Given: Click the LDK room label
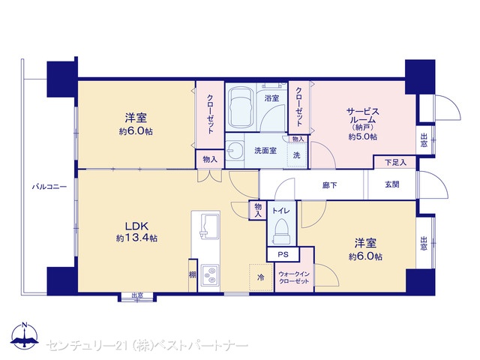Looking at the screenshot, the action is (136, 226).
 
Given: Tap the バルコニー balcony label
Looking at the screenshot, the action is (49, 187).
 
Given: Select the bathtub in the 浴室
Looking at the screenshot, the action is (241, 107).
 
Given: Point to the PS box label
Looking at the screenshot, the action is (283, 254).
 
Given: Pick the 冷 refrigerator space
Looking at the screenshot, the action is (261, 277).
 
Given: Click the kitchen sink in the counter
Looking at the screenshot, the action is (210, 226).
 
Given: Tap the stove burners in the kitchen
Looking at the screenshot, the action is (210, 275).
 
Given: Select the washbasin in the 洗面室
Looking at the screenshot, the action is (235, 150).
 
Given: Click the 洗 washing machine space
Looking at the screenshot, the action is (297, 155).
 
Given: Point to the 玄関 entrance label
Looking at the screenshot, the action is (391, 184).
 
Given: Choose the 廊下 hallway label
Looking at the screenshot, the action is (329, 185).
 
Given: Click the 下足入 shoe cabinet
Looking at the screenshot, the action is (395, 162).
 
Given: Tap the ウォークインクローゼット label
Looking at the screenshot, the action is (294, 277).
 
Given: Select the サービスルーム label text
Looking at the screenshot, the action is (363, 115).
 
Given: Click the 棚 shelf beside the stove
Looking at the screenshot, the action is (192, 275).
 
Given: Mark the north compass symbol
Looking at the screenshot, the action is (25, 335).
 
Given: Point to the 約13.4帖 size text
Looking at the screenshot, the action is (136, 238).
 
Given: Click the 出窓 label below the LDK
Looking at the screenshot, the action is (137, 295).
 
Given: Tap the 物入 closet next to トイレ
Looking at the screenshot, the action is (258, 210).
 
